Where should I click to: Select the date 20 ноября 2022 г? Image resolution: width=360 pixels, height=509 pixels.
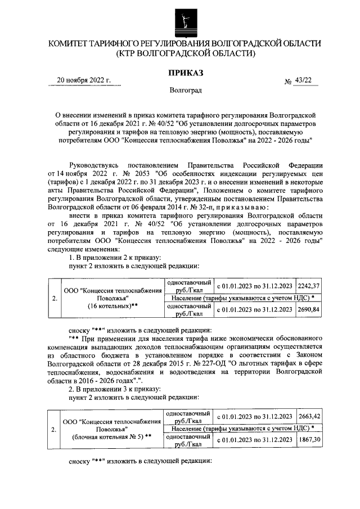click(84, 80)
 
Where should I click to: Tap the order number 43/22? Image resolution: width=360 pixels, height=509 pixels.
click(304, 80)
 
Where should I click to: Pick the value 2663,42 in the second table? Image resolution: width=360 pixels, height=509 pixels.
click(309, 416)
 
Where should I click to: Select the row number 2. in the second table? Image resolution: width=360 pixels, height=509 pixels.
click(53, 429)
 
